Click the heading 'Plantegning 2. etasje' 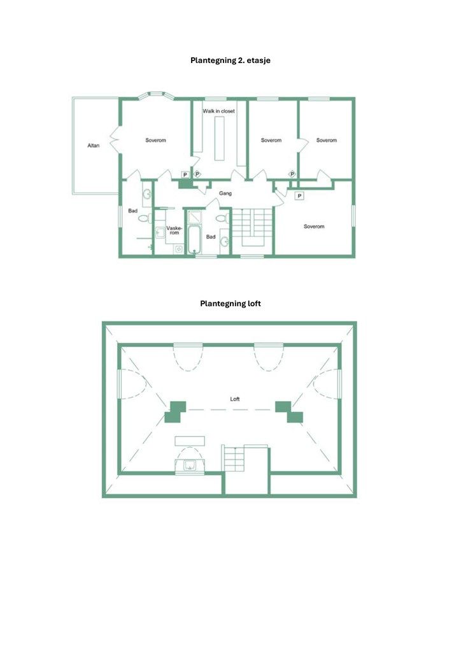(x=230, y=60)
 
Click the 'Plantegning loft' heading (x=230, y=304)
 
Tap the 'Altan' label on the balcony (x=94, y=146)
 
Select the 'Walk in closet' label (x=219, y=111)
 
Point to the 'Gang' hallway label (x=225, y=193)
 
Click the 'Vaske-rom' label (x=174, y=230)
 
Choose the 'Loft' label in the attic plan (x=235, y=399)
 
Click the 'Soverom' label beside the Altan (x=155, y=140)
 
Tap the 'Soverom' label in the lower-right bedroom (x=314, y=226)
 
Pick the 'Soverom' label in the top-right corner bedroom (x=326, y=140)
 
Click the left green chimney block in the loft (x=175, y=411)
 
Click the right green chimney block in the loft (x=290, y=411)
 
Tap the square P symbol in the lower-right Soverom (x=299, y=195)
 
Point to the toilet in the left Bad (x=143, y=218)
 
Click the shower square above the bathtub (x=194, y=217)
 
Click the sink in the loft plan (x=190, y=465)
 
